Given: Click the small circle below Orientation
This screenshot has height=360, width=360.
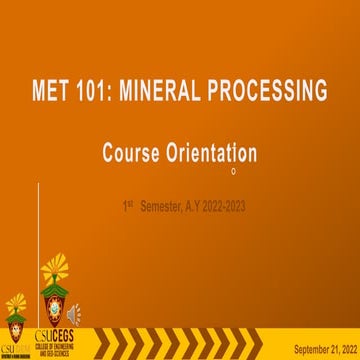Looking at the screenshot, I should (233, 171).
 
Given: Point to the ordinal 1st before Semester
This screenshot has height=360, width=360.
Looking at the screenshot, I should (127, 205).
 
